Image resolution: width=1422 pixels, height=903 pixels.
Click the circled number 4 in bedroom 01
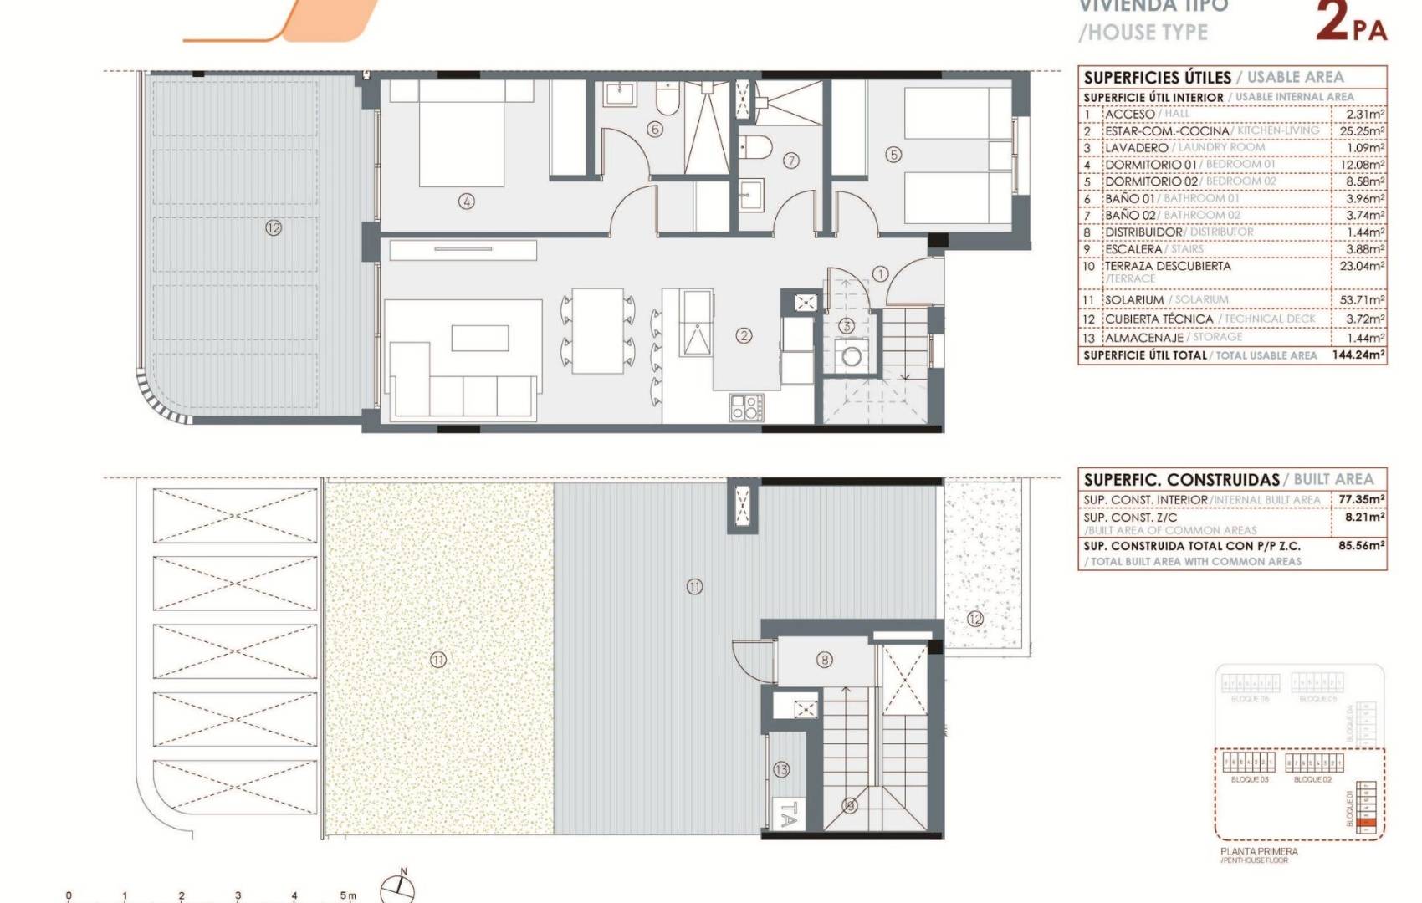point(467,201)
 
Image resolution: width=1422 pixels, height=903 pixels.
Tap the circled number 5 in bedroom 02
point(893,155)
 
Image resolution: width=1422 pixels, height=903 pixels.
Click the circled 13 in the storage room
point(781,769)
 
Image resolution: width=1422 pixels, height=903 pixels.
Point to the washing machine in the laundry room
point(852,356)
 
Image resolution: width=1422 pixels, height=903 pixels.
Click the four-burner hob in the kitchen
point(745,407)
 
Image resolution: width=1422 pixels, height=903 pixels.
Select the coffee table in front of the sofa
point(479,338)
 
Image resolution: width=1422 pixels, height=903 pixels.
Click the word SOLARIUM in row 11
point(1133,299)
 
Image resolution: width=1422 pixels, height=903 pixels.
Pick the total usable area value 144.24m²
point(1358,355)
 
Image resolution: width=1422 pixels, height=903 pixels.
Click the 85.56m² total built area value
point(1361,545)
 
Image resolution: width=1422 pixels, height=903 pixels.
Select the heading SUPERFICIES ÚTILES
point(1157,78)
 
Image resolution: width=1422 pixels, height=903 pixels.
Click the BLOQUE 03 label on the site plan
point(1250,779)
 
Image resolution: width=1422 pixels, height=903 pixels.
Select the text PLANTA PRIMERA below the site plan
point(1259,851)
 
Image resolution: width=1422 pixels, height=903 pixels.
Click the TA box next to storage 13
point(787,815)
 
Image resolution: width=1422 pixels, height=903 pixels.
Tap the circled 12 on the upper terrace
point(273,227)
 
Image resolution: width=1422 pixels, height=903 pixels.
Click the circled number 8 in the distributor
point(825,660)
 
